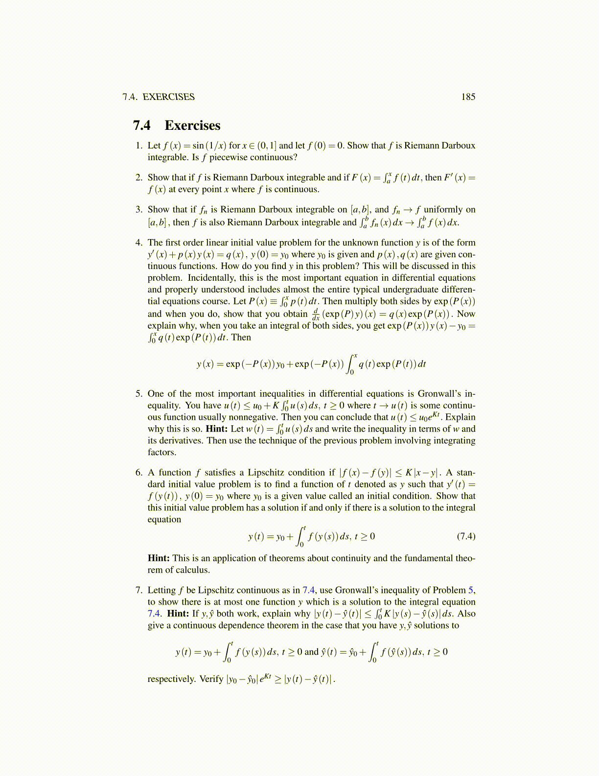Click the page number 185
tap(468, 97)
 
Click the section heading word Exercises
tap(192, 125)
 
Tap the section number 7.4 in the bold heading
tap(142, 125)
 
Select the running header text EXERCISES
tap(168, 97)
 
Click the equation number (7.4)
tap(465, 536)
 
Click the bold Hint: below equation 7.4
tap(159, 558)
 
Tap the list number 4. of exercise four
tap(139, 242)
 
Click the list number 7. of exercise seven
tap(139, 590)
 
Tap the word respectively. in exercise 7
tap(171, 679)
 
